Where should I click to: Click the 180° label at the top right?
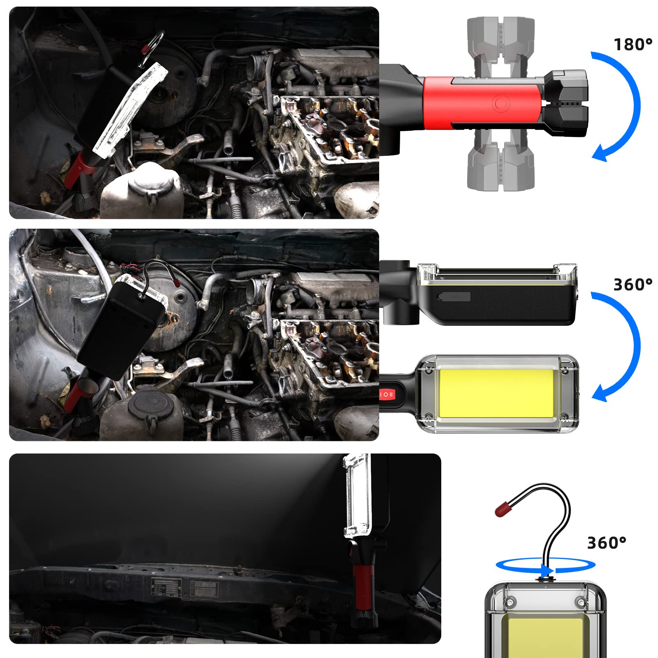tap(633, 44)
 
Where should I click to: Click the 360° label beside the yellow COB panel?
tap(633, 285)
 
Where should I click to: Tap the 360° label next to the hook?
tap(606, 543)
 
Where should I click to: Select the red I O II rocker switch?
tap(387, 394)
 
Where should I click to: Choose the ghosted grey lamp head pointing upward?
tap(500, 45)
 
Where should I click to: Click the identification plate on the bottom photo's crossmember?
tap(166, 586)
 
